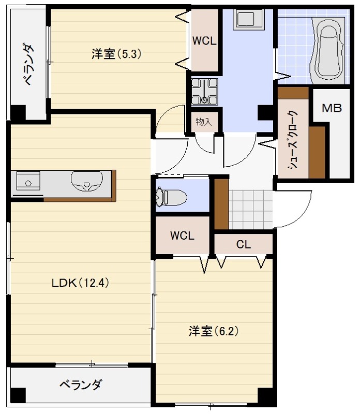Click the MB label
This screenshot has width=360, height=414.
coord(332,108)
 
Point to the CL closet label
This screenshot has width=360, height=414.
coord(243,244)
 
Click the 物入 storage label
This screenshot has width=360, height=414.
coord(204,122)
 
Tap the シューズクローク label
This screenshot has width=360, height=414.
coord(293,141)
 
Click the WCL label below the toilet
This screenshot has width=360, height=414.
coord(182,235)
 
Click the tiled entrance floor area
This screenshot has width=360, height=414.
coord(250,209)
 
